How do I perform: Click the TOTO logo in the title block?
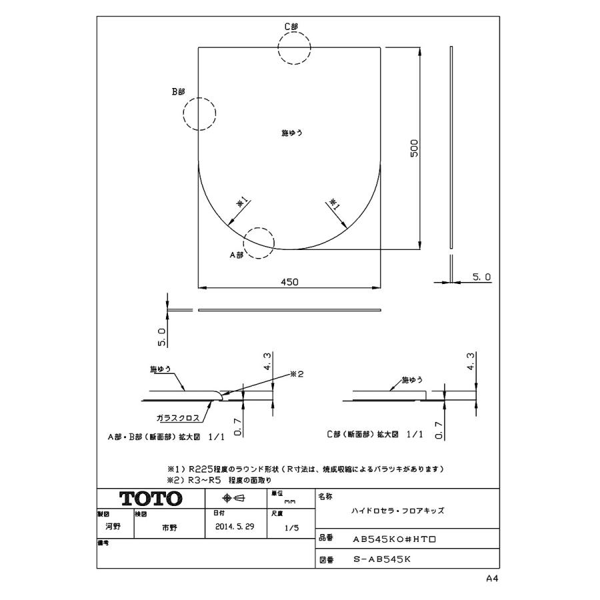[x=150, y=499]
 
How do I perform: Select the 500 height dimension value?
[x=414, y=148]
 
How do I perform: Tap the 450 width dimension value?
[x=289, y=281]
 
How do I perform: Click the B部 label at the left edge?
[x=178, y=92]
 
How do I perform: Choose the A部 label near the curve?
[x=237, y=255]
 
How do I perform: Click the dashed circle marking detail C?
[x=295, y=48]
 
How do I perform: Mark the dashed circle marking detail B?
[x=200, y=113]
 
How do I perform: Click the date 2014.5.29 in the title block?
[x=235, y=526]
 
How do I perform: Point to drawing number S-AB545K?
[x=382, y=561]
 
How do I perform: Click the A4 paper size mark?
[x=492, y=579]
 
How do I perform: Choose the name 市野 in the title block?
[x=170, y=526]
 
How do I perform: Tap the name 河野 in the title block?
[x=113, y=525]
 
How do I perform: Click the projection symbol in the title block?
[x=235, y=499]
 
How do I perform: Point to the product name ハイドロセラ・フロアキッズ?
[x=397, y=510]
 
